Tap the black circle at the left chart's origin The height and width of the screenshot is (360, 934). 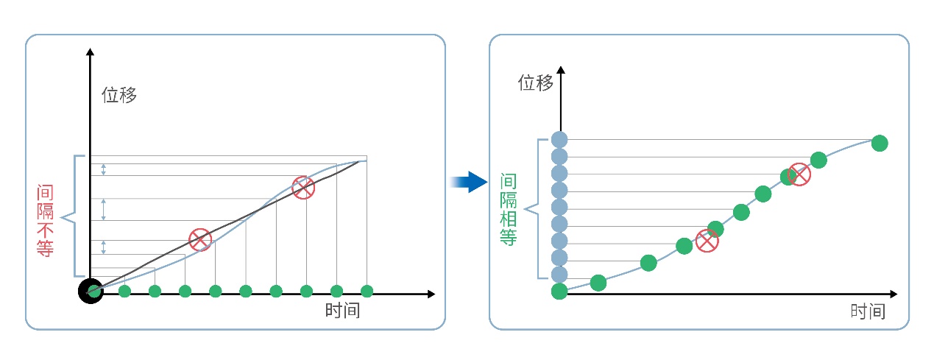pos(91,292)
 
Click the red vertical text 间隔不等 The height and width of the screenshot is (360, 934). pos(45,220)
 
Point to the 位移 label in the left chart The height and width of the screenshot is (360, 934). pos(119,95)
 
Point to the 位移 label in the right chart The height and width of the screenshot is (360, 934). pos(535,82)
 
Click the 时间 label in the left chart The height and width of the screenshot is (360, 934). pos(342,310)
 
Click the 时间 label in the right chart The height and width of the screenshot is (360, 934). pos(867,311)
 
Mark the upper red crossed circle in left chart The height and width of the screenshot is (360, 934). pos(303,188)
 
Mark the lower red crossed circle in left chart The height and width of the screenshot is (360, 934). pos(200,239)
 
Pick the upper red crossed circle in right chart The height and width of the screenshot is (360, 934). pos(799,174)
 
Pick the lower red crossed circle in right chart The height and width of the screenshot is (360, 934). pos(707,241)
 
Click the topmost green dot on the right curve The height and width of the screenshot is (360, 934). pos(879,143)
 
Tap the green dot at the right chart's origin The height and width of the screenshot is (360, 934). pos(559,292)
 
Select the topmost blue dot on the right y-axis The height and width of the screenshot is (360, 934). pos(559,139)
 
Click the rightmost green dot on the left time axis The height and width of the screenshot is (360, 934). pos(367,292)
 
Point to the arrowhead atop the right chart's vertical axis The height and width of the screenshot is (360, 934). pos(561,70)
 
